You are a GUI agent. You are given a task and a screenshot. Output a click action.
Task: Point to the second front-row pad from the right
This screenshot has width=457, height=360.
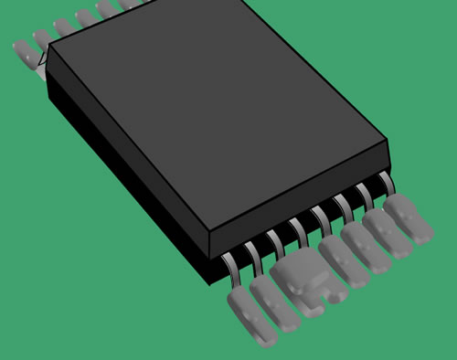(388, 233)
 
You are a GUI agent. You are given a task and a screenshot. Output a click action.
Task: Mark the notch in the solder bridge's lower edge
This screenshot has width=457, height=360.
(323, 295)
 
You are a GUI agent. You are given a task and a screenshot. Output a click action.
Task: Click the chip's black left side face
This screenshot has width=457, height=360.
(119, 164)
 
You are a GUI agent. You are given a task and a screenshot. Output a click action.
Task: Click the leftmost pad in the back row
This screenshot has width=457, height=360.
(23, 51)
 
